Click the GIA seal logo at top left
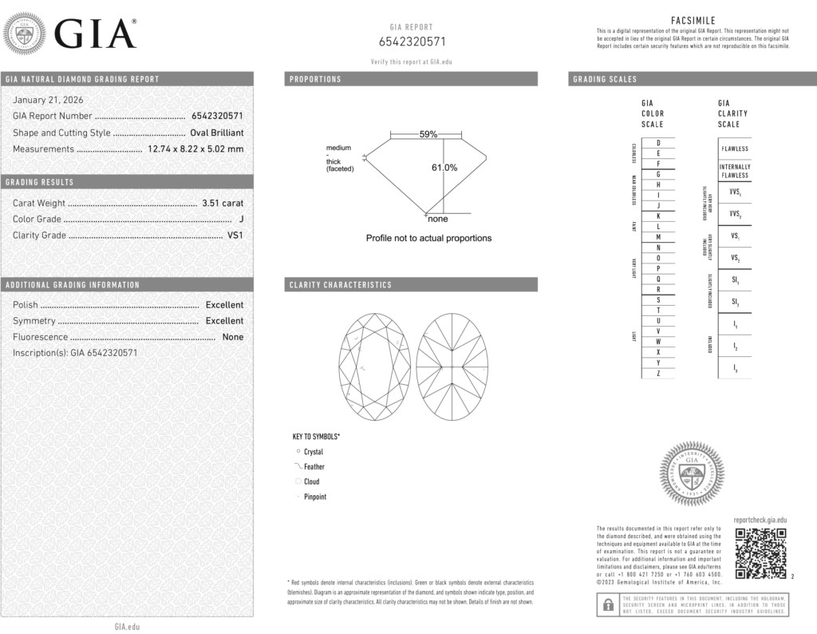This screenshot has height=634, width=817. pos(26,34)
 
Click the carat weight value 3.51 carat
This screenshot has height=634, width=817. pos(223,204)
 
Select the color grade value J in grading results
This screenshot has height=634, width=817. pos(241,220)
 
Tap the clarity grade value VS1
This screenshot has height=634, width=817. pos(235,236)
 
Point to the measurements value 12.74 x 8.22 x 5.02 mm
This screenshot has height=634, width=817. pos(195,149)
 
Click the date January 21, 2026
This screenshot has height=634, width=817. pos(48,100)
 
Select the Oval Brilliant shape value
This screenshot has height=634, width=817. pos(217,133)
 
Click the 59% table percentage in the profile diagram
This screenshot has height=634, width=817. pos(428,135)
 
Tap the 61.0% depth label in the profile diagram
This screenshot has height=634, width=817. pos(444,168)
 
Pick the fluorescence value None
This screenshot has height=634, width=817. pos(233,337)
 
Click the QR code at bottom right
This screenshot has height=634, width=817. pos(760,553)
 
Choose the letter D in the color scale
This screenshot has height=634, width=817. pos(658,142)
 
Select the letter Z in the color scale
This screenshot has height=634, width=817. pos(658,374)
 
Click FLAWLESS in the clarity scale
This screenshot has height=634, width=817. pos(735,149)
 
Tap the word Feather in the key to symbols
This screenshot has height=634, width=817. pos(314,467)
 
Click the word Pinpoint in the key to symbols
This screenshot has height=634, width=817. pos(315,497)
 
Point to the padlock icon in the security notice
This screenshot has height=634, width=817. pos(607,604)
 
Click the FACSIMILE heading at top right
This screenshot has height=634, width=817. pos(693,20)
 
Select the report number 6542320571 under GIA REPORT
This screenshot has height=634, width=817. pos(412,42)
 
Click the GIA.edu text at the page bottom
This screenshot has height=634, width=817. pos(128,627)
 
